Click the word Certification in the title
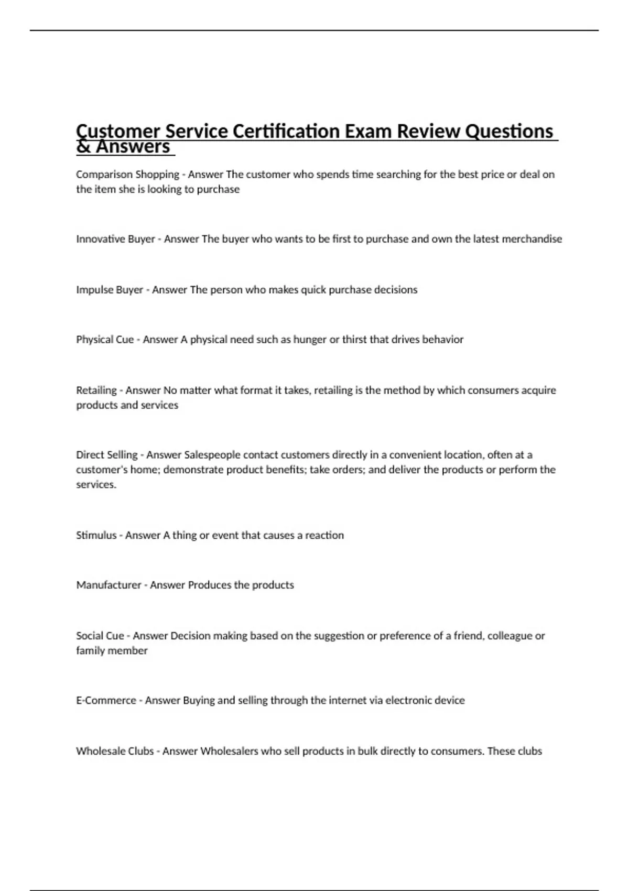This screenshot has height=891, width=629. tap(280, 131)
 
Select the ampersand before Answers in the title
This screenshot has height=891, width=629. tap(83, 147)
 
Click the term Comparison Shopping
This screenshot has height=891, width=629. tap(127, 175)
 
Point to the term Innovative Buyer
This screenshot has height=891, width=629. tap(115, 239)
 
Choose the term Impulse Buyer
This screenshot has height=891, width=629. tap(110, 290)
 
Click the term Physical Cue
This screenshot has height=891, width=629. tap(105, 340)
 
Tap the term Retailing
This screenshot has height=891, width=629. tap(96, 390)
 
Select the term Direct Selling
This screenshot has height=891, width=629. tap(107, 455)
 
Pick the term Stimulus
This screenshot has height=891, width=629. tap(96, 535)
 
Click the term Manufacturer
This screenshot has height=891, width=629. tap(109, 585)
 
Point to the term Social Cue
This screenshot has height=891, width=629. tap(100, 636)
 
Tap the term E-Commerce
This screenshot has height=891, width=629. tap(106, 700)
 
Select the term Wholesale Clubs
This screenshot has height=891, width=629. tap(115, 751)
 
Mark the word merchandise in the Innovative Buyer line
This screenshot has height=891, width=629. tap(532, 239)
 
